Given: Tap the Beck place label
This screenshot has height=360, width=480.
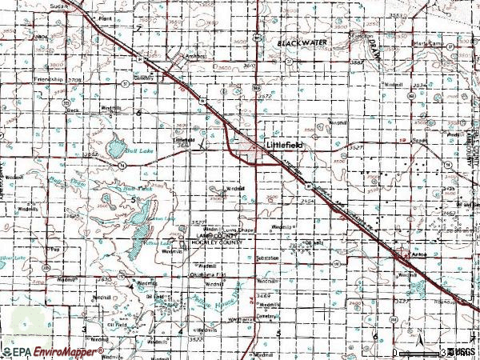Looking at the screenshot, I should [x=74, y=110].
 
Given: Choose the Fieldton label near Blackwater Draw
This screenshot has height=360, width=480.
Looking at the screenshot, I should [x=362, y=36].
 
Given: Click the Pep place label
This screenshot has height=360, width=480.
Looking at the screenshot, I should [x=55, y=248].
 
